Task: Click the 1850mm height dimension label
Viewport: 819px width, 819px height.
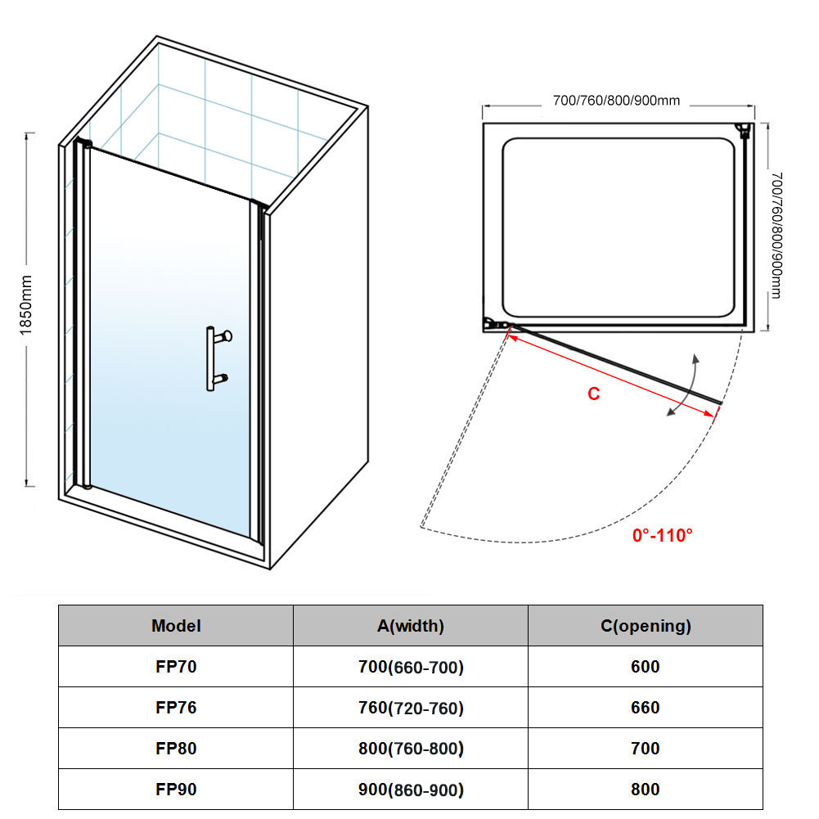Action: tap(25, 305)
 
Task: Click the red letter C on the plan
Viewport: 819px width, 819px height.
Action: tap(593, 394)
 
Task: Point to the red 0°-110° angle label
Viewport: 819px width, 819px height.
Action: tap(662, 535)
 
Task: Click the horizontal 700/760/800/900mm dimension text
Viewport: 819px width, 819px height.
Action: tap(616, 101)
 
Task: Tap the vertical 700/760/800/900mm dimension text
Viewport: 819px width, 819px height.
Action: tap(776, 235)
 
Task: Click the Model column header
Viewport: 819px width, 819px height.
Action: tap(176, 626)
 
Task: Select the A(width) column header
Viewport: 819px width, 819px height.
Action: tap(411, 626)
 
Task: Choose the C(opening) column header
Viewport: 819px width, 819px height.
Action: tap(646, 626)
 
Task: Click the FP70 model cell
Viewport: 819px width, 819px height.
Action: tap(176, 667)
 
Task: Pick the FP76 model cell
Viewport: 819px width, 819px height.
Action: tap(176, 707)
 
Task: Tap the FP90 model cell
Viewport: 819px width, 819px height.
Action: tap(176, 790)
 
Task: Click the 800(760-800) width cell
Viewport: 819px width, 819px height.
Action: tap(411, 749)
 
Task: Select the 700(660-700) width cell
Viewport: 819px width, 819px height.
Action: tap(411, 667)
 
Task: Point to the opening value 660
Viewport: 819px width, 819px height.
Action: tap(645, 707)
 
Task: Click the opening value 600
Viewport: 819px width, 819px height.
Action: tap(645, 667)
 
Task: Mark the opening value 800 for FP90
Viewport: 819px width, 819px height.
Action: tap(645, 790)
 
